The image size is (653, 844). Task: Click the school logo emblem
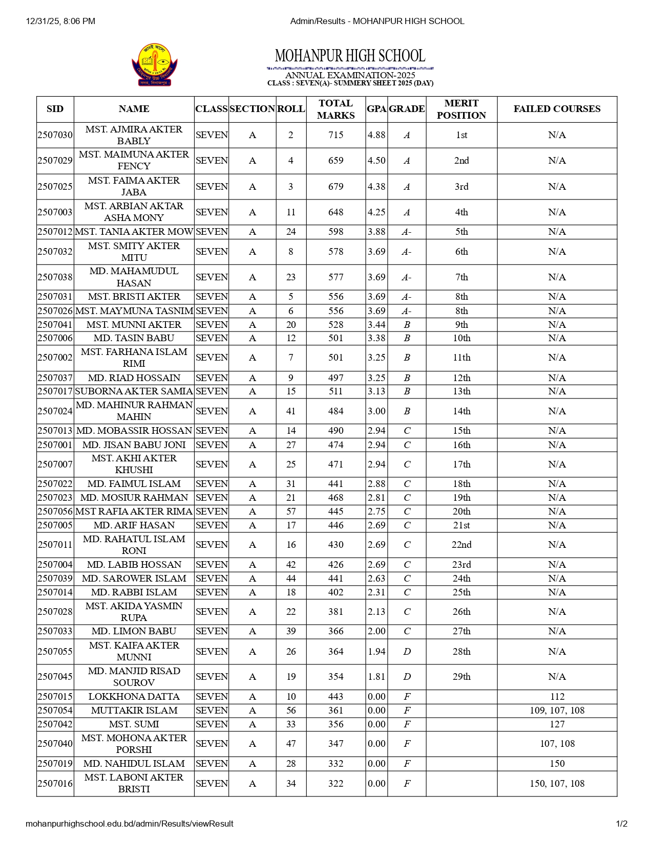pos(154,64)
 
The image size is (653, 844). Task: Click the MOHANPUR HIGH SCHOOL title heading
pos(350,56)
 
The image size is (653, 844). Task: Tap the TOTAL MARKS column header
pos(335,109)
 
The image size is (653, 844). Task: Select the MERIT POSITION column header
pos(461,109)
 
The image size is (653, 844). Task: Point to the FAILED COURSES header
pos(557,109)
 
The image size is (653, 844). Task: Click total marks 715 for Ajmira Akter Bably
pos(335,135)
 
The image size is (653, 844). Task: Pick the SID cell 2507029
pos(55,161)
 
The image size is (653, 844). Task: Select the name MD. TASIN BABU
pos(134,338)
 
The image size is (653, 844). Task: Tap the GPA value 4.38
pos(376,187)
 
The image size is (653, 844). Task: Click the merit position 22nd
pos(461,545)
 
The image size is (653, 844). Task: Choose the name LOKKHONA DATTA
pos(134,697)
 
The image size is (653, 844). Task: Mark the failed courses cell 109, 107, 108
pos(557,710)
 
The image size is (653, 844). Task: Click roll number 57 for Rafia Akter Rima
pos(291,512)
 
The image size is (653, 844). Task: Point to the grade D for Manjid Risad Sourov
pos(407,677)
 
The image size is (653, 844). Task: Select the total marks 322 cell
pos(335,784)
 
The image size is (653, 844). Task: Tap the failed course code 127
pos(557,724)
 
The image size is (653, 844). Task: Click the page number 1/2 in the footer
pos(621,824)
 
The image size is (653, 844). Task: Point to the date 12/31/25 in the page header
pos(44,21)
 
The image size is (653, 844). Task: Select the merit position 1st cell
pos(461,135)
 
